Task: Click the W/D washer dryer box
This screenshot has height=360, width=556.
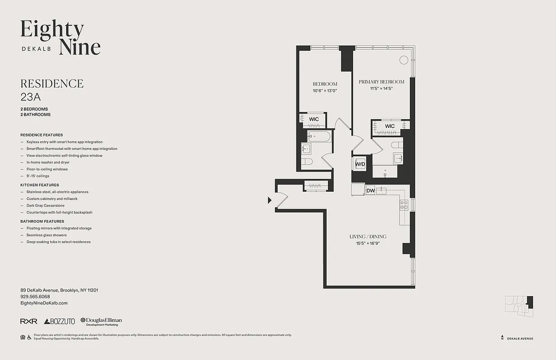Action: click(360, 164)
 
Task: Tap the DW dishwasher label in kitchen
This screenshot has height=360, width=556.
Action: click(371, 191)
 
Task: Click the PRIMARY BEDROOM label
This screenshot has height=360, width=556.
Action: click(381, 82)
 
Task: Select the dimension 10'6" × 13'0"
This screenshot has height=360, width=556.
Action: click(325, 91)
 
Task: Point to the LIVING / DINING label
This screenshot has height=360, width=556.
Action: click(368, 237)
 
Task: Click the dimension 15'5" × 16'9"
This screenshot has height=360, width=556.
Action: click(368, 243)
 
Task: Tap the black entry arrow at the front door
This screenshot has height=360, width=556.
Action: click(269, 200)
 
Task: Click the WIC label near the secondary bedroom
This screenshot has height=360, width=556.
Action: click(314, 119)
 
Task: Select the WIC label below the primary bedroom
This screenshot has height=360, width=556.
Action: click(390, 126)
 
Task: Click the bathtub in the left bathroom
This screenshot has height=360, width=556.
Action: click(319, 136)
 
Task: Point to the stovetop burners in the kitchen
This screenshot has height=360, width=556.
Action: click(404, 205)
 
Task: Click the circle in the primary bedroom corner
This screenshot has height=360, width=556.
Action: click(404, 59)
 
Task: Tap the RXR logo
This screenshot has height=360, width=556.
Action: click(29, 321)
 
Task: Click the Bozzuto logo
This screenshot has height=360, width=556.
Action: click(59, 321)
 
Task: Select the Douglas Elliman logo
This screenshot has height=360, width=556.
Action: click(101, 321)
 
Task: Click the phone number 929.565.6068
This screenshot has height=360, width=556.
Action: click(35, 297)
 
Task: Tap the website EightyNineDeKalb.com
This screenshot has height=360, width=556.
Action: click(44, 303)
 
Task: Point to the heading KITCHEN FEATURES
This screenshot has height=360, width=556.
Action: click(40, 185)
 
